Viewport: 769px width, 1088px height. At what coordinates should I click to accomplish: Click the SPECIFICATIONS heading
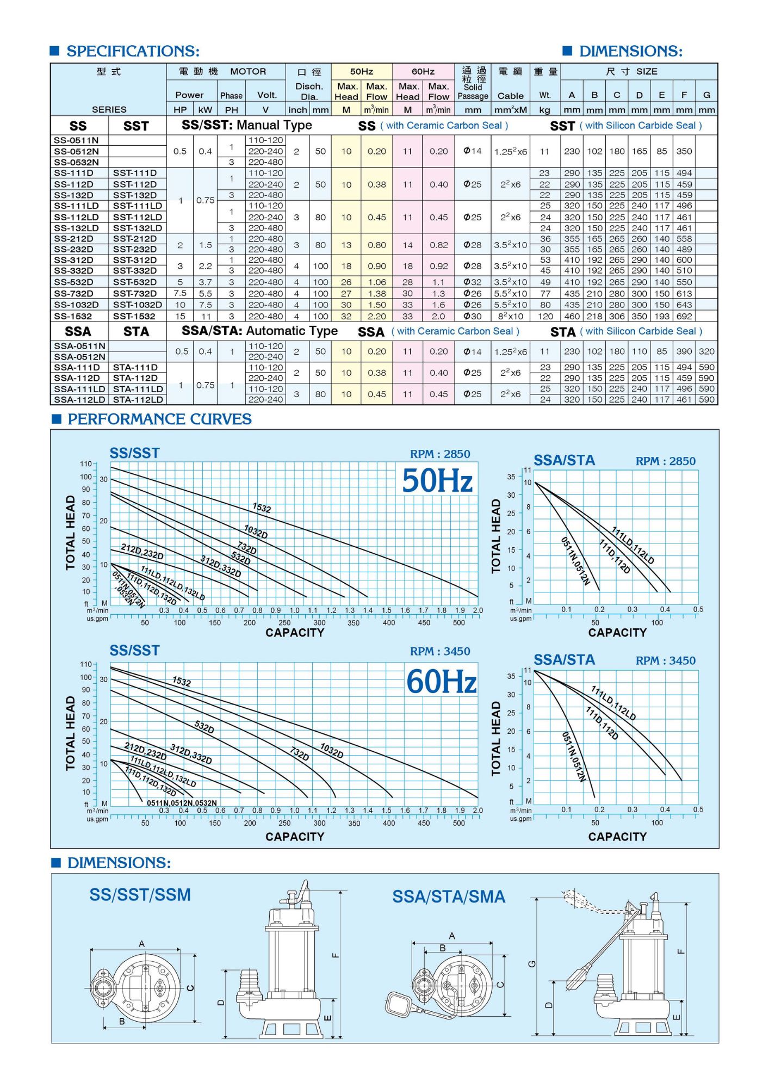coord(133,51)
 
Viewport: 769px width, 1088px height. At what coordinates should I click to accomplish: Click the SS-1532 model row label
coord(73,316)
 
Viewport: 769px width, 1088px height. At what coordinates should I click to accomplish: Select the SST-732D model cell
coord(135,294)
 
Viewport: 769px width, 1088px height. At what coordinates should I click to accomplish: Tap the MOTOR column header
coord(248,71)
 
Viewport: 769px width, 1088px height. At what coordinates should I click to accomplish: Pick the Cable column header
coord(511,96)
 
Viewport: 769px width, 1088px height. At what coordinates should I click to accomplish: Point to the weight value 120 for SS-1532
coord(545,316)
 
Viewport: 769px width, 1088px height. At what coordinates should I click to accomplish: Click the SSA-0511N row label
coord(79,346)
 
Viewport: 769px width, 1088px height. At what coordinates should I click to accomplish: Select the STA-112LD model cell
coord(138,399)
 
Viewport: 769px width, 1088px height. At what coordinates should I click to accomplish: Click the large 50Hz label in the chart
coord(437,481)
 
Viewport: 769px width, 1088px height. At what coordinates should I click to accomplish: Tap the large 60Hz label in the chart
coord(441,682)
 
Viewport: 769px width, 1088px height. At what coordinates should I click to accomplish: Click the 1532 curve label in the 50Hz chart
coord(262,508)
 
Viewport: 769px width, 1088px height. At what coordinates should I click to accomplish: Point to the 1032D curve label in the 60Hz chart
coord(332,751)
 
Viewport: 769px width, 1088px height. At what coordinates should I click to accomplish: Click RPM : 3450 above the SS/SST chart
coord(440,651)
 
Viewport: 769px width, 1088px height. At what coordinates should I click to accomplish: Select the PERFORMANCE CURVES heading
coord(159,419)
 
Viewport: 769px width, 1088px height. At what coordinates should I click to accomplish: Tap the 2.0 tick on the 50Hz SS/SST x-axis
coord(477,610)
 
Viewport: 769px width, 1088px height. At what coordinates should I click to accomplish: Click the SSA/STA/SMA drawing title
coord(449,897)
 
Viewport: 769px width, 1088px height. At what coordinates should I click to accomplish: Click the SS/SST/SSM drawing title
coord(140,895)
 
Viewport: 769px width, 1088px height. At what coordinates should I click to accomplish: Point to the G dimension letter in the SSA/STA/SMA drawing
coord(532,963)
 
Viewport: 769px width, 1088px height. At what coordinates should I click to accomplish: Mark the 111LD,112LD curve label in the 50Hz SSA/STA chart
coord(632,545)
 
